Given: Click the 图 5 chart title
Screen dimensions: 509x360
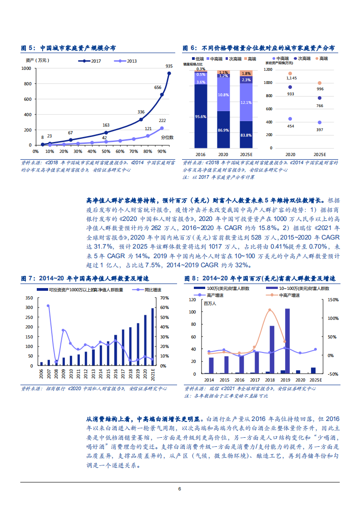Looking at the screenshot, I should click(69, 48).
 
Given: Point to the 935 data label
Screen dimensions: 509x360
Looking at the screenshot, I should click(169, 66).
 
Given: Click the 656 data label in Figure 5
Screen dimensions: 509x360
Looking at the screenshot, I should click(158, 88).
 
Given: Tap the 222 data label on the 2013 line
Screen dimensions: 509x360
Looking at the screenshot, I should click(162, 120).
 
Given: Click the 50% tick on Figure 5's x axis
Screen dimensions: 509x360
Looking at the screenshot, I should click(106, 151).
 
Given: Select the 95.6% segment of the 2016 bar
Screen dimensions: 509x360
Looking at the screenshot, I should click(200, 117).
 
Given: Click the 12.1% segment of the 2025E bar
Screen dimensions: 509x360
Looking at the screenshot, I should click(246, 103).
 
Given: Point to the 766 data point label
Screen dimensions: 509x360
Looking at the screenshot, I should click(320, 105).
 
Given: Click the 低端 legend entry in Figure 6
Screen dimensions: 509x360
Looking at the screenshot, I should click(197, 59).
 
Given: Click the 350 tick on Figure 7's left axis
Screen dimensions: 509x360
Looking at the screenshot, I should click(30, 298).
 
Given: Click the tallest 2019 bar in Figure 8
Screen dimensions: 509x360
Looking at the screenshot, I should click(287, 341).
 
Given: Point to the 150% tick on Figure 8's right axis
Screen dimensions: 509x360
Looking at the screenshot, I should click(333, 300).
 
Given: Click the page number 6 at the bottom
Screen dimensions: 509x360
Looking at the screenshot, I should click(180, 489).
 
